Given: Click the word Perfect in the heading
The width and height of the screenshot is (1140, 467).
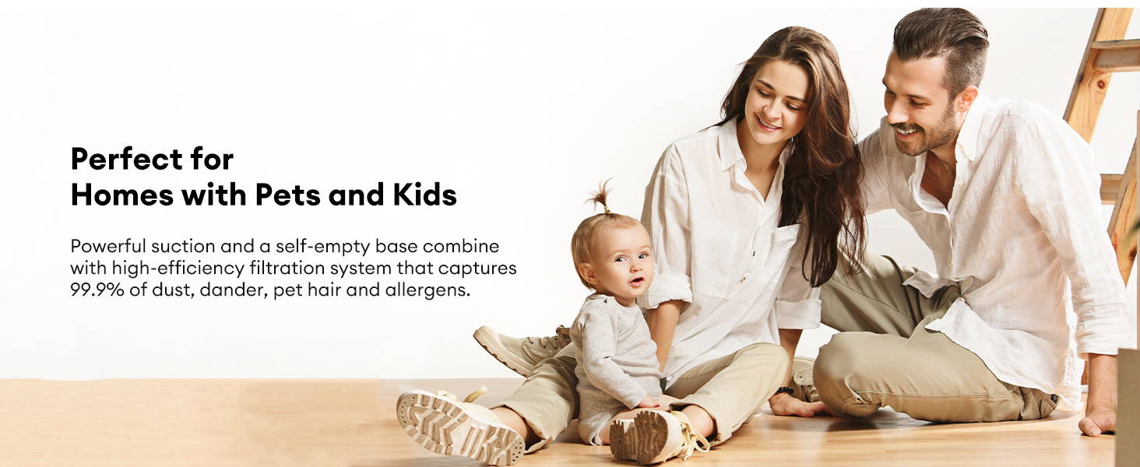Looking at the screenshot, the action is [x=127, y=159].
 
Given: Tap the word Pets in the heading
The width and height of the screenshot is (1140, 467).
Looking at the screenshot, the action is [x=287, y=195].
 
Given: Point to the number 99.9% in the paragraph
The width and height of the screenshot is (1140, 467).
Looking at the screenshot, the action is [x=97, y=290].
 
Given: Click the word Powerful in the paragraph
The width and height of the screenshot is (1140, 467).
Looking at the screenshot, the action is [x=107, y=246].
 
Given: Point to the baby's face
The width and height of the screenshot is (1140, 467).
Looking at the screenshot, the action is [x=627, y=267].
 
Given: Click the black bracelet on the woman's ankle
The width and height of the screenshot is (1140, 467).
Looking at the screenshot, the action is [x=784, y=390].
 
